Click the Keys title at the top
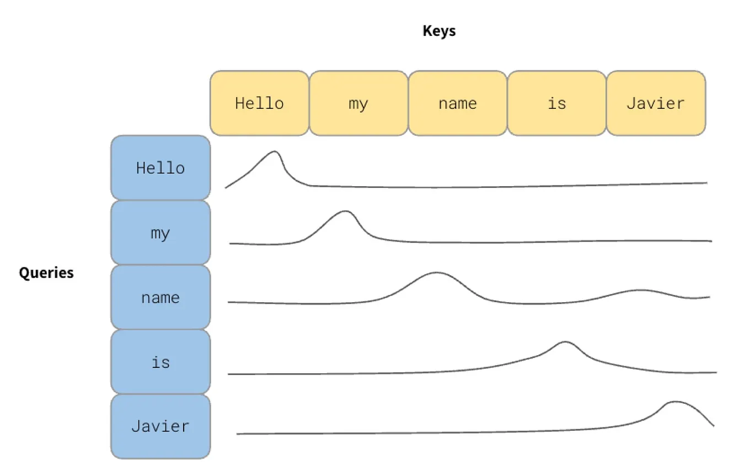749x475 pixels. point(439,31)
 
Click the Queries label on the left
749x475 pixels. point(46,273)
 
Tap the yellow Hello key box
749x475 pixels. point(259,103)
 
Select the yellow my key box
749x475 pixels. point(359,103)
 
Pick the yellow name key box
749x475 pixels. point(457,103)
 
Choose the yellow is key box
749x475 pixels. point(557,103)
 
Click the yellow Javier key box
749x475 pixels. point(656,103)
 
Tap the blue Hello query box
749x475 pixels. point(160,168)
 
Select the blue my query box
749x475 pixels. point(160,233)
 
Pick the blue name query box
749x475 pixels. point(160,298)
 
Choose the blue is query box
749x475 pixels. point(160,362)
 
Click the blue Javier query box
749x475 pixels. point(160,426)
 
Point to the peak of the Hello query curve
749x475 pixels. point(274,151)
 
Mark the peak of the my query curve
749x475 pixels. point(345,211)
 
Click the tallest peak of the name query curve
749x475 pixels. point(436,273)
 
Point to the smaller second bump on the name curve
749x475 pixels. point(640,290)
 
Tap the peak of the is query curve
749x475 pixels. point(565,342)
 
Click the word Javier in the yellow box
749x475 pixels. point(656,103)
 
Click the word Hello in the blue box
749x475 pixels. point(160,168)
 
